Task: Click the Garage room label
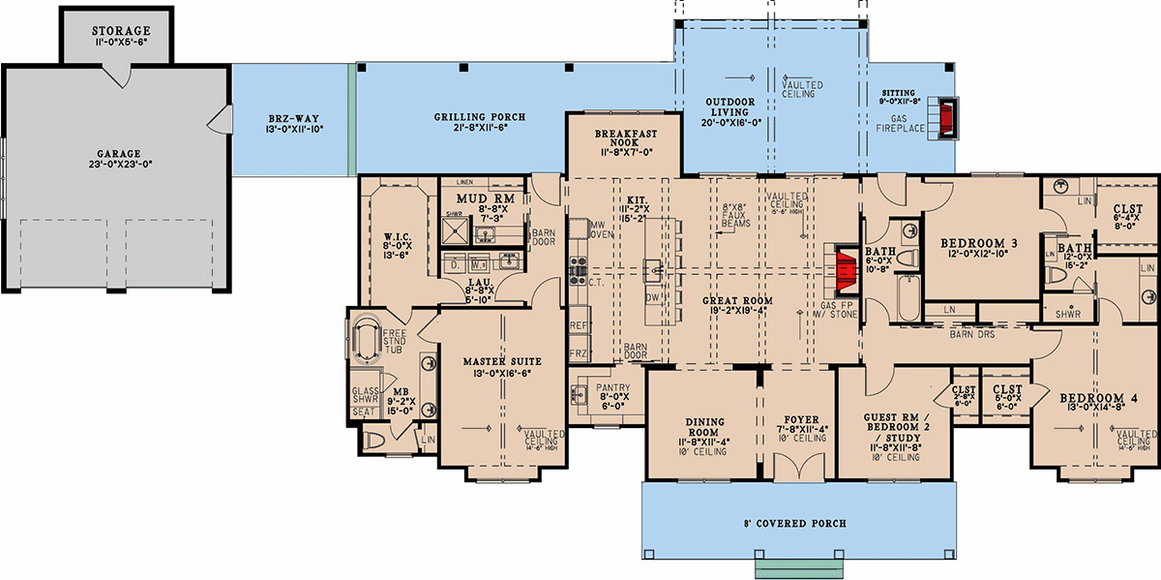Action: [x=118, y=153]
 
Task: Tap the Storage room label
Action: [x=122, y=31]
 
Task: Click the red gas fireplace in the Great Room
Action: [x=846, y=270]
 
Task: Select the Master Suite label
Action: [x=500, y=361]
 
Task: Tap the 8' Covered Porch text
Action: [x=796, y=523]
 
